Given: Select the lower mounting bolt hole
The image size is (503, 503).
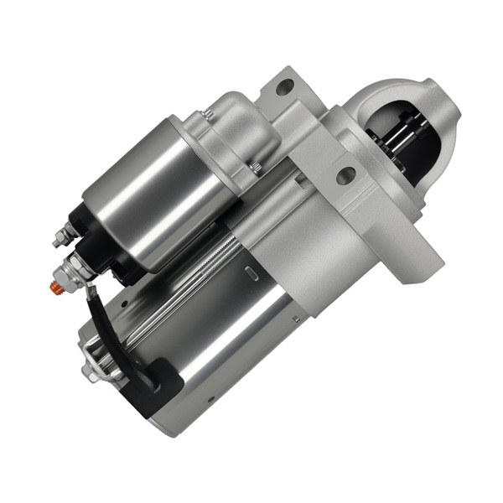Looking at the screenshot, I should pos(345,176).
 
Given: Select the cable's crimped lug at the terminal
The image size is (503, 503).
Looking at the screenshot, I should pos(84,289).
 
